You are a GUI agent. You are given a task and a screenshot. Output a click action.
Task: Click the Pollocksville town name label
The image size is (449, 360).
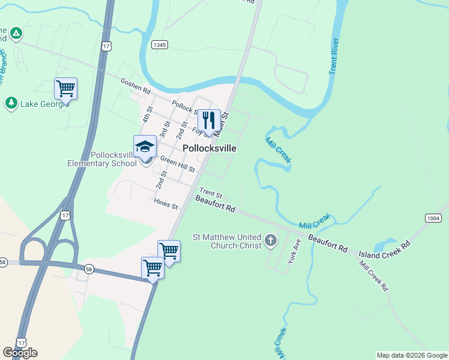(209, 148)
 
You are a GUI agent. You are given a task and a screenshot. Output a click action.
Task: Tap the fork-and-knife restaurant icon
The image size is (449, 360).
(208, 120)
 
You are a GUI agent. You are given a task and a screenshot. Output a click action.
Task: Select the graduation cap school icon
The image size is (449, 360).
(145, 146)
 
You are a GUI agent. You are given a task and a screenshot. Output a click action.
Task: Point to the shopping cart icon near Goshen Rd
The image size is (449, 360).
(65, 89)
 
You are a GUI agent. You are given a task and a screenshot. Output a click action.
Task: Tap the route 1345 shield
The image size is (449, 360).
(160, 45)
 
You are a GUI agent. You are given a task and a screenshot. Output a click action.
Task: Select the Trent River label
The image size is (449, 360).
(335, 56)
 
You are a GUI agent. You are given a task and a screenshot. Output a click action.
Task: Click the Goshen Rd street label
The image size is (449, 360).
(135, 86)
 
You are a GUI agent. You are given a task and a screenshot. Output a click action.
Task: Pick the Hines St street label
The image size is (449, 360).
(166, 204)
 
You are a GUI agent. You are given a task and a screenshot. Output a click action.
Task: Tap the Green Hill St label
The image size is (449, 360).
(177, 164)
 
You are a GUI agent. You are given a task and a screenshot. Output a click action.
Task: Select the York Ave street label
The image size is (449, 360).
(294, 252)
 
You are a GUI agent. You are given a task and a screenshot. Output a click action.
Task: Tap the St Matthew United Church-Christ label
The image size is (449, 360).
(227, 241)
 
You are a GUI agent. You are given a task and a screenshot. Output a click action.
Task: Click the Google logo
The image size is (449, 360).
(20, 353)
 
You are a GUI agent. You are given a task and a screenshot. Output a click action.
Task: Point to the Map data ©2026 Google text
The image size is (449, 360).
(411, 355)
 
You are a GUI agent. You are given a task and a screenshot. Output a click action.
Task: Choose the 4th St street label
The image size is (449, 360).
(148, 115)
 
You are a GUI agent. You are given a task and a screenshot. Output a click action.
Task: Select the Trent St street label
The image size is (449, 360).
(211, 194)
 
